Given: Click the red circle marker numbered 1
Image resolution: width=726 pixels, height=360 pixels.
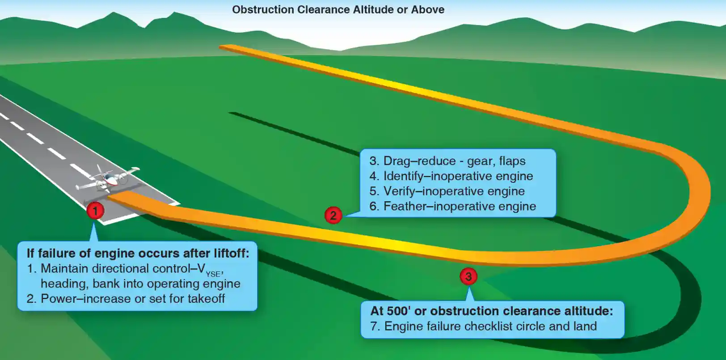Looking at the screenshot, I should pos(95,210).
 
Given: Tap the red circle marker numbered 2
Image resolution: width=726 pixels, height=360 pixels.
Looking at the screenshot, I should pos(333,216).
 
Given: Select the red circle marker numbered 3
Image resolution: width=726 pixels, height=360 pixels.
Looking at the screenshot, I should pos(469,276).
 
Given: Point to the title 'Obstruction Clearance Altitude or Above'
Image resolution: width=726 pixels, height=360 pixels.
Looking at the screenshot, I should pos(338,10).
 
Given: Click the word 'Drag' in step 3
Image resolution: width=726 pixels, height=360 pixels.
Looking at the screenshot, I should pos(397,161).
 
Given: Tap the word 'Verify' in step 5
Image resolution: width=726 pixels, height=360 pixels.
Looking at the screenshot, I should pos(399,191).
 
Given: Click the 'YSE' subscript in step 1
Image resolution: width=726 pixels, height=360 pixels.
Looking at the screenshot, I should pos(213,274).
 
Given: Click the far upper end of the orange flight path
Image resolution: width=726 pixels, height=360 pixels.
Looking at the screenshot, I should pos(224,47).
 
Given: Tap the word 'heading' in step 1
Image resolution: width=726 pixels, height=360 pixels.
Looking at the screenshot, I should pos(63,284).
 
